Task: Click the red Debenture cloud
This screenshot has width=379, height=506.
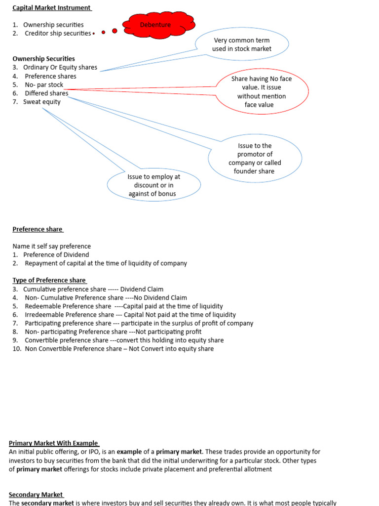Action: (159, 25)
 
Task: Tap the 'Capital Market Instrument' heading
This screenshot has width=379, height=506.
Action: (52, 8)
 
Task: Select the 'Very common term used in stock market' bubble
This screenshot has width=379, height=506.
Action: (242, 44)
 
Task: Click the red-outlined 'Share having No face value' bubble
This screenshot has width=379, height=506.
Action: (262, 91)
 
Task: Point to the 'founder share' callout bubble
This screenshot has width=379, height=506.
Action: (255, 158)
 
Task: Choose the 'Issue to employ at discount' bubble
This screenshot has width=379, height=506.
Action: (154, 185)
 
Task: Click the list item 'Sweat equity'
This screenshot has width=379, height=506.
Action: (41, 102)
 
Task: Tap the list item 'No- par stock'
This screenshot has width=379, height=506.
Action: (44, 85)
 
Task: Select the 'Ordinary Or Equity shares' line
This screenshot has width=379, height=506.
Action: (60, 67)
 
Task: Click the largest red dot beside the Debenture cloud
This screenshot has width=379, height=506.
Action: (114, 31)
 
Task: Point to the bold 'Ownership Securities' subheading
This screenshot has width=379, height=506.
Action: (43, 59)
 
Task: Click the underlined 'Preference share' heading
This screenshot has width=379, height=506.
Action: (38, 229)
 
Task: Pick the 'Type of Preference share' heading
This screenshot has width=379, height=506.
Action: (50, 280)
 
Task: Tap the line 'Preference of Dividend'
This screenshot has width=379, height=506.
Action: (56, 254)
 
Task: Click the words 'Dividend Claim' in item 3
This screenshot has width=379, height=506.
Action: (142, 289)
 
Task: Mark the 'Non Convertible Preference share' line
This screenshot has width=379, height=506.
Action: (119, 348)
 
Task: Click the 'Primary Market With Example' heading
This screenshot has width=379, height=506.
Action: (53, 443)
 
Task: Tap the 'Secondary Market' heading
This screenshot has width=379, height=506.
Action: (36, 495)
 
